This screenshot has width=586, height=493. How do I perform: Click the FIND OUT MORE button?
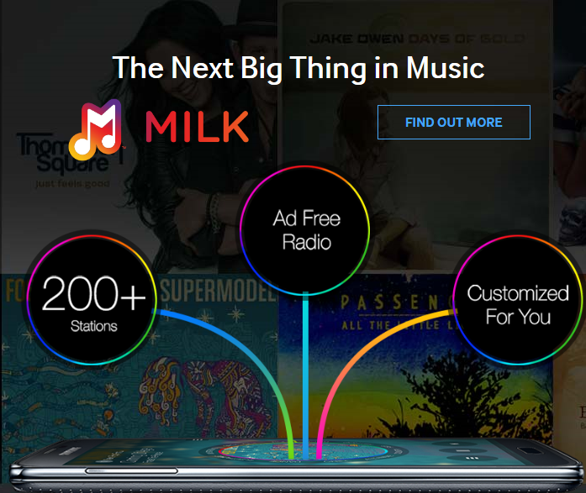453,123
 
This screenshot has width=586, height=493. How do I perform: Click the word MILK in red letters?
197,125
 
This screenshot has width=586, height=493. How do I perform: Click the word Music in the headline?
444,67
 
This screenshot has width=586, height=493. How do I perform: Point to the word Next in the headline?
197,67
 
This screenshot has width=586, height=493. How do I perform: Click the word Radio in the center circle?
307,243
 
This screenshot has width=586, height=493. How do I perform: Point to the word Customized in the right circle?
518,293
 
